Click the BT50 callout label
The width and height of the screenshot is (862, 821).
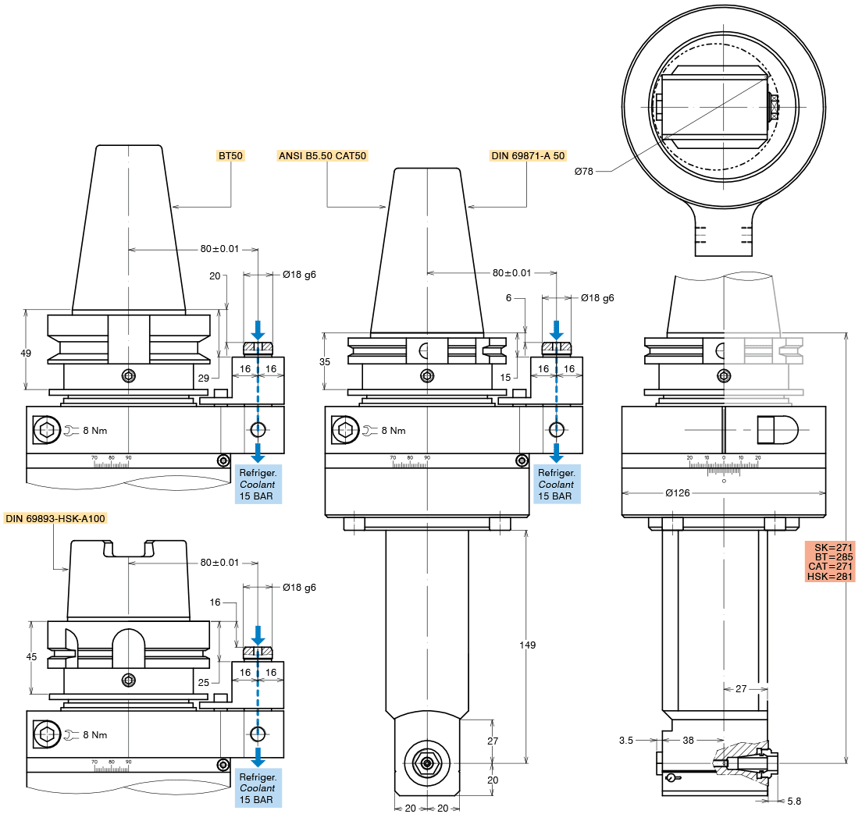pos(230,156)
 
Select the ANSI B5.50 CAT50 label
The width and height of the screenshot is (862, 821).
pos(322,156)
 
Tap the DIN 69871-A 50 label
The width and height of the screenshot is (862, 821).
pos(528,156)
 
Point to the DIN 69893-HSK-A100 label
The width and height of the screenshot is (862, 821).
pos(55,518)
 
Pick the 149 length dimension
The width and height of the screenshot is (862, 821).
pos(528,645)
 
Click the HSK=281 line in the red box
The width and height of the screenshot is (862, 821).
pos(830,577)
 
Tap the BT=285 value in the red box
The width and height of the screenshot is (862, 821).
pos(830,557)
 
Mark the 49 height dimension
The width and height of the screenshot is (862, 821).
pos(26,353)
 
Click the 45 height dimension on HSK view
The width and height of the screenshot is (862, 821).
pos(31,657)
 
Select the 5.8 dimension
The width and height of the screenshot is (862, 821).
pos(794,801)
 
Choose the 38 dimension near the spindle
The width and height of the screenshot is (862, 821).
pos(688,739)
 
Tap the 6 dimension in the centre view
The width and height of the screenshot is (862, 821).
pos(508,298)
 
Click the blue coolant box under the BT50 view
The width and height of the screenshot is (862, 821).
pos(258,484)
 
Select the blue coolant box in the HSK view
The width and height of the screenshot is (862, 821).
pos(258,788)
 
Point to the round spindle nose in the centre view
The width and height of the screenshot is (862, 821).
pos(427,762)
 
